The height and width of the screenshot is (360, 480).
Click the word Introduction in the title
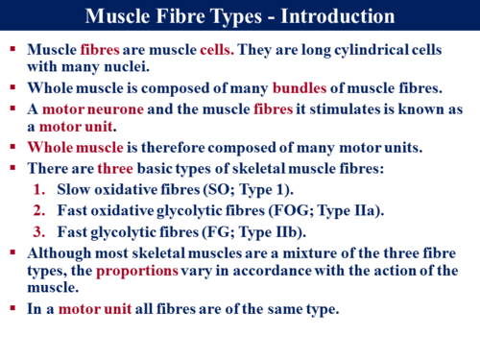336,17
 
